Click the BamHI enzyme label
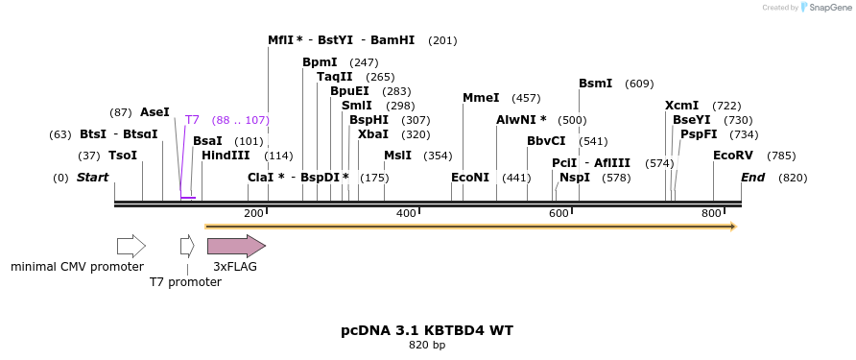392,40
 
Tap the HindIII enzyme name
226,156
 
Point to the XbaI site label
372,134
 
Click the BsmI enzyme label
595,84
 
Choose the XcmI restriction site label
681,106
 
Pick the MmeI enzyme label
481,98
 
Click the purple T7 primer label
192,120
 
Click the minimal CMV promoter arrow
131,246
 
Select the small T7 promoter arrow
186,246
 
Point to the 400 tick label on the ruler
406,213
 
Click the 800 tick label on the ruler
710,213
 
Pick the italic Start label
92,178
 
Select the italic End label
753,178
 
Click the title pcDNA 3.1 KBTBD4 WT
427,330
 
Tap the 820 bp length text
427,345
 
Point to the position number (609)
639,84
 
